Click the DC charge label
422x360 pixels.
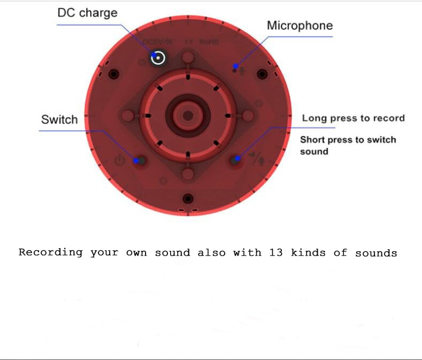pos(87,13)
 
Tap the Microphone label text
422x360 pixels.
pos(300,26)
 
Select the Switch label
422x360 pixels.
pos(59,119)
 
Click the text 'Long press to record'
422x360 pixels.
pos(353,118)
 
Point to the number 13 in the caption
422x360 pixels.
pos(276,252)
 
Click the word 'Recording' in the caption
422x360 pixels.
pos(51,252)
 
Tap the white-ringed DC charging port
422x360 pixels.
pos(158,57)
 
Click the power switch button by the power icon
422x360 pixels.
pos(140,160)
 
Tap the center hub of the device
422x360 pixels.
pos(188,115)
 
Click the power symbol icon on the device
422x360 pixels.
pos(120,159)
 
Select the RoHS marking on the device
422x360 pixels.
pos(209,42)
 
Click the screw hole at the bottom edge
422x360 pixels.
pos(187,199)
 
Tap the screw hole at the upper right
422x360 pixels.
pos(262,74)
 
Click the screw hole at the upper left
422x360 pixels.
pos(113,74)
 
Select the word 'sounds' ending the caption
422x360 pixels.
pos(376,252)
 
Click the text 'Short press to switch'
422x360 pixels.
pos(348,140)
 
